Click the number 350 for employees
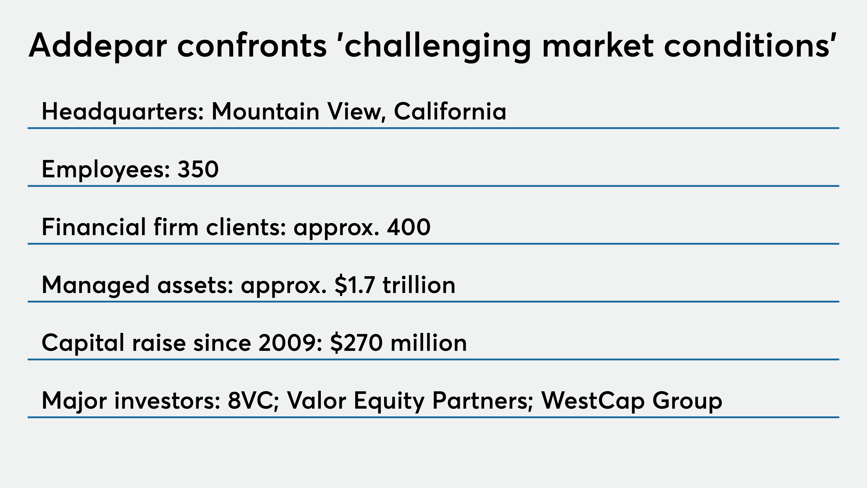point(198,169)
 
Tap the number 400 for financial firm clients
point(409,227)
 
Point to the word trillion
point(419,285)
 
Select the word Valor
point(316,401)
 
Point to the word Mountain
point(265,111)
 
